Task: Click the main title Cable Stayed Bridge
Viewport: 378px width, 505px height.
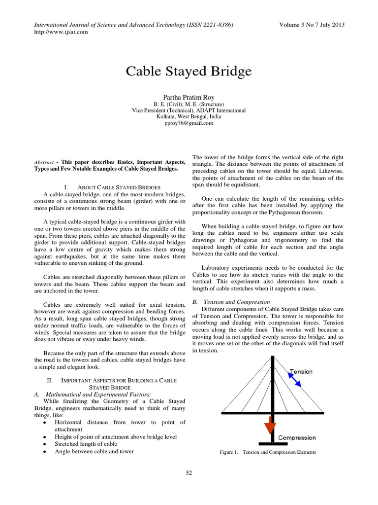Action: [189, 71]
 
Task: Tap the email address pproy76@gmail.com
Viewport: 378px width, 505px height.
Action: [189, 123]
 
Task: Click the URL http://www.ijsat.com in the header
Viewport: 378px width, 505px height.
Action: [61, 32]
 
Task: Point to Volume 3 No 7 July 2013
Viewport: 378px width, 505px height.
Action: [312, 25]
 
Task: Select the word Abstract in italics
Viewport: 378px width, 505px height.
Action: [43, 162]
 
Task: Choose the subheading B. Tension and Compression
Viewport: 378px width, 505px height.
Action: [231, 301]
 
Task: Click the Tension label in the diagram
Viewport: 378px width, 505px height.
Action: [301, 371]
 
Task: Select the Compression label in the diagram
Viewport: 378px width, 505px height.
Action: [297, 437]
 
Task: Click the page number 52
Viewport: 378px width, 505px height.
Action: [189, 473]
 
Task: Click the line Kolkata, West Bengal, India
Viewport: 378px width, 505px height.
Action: [189, 117]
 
